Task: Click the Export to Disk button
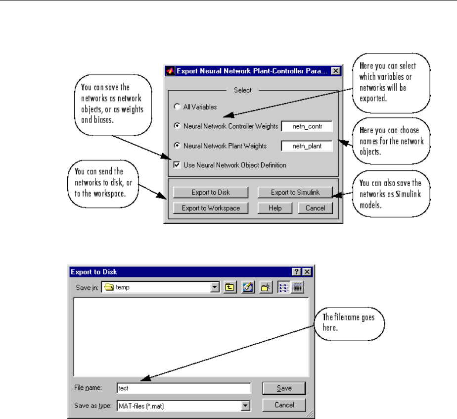[x=204, y=192]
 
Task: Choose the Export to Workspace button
[x=211, y=208]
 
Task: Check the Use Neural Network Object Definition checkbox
[x=177, y=165]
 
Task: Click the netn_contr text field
[x=307, y=126]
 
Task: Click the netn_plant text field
[x=307, y=146]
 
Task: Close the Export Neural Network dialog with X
[x=335, y=71]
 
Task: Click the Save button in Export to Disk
[x=284, y=388]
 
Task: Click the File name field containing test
[x=183, y=388]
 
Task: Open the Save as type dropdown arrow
[x=244, y=406]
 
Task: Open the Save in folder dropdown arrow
[x=215, y=287]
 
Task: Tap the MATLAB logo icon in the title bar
[x=170, y=71]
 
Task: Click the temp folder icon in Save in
[x=109, y=287]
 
